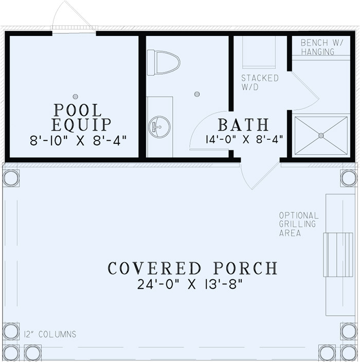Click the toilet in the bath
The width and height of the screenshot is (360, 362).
[x=164, y=63]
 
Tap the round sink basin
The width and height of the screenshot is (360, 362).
[x=159, y=126]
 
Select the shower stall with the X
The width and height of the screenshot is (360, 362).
[x=321, y=136]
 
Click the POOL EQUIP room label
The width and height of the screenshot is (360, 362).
[x=81, y=117]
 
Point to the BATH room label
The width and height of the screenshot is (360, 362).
[x=243, y=125]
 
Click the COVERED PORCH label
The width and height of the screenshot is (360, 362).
[x=192, y=268]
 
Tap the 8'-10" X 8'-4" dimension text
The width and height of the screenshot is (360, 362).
[x=78, y=140]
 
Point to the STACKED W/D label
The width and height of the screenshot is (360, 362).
[x=260, y=83]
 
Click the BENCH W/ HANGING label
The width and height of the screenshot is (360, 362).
[x=317, y=47]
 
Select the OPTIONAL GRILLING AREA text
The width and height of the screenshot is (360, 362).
[x=299, y=224]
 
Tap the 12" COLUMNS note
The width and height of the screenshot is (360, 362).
[x=50, y=334]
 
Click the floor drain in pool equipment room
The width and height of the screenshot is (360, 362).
[x=76, y=96]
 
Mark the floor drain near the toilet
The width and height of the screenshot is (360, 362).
[x=197, y=94]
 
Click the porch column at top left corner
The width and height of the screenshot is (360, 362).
[x=11, y=178]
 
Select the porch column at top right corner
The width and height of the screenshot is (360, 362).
[x=348, y=178]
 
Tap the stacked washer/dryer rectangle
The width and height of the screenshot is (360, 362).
[x=259, y=52]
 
